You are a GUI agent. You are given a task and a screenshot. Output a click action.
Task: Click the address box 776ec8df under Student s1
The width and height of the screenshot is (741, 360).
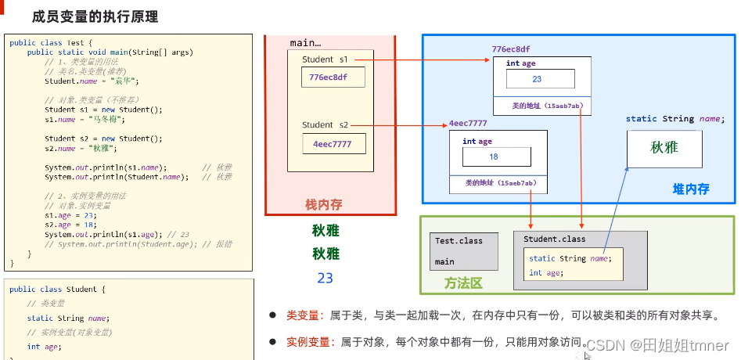[329, 77]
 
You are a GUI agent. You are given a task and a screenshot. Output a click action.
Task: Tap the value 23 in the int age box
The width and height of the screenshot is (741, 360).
[537, 79]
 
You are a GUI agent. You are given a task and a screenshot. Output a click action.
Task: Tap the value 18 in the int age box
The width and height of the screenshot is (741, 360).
[493, 156]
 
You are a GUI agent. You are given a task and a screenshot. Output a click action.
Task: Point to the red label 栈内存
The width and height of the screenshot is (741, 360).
[323, 205]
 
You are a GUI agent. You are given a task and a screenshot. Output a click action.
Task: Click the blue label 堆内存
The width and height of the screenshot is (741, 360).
[691, 189]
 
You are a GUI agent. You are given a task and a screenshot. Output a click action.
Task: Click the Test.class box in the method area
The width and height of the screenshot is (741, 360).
[463, 250]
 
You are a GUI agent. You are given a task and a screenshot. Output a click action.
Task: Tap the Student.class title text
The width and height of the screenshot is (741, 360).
[554, 239]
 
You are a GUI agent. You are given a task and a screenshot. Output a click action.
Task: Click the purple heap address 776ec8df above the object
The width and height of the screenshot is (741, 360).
[510, 49]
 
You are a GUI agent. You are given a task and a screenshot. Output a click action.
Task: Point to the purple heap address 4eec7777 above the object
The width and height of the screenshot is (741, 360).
[468, 124]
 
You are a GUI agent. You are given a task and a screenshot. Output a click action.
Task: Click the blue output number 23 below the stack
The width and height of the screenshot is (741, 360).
[325, 278]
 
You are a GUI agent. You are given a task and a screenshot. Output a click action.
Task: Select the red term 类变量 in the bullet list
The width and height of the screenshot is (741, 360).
[304, 315]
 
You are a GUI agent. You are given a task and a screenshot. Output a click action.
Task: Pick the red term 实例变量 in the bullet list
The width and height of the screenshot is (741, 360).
[308, 342]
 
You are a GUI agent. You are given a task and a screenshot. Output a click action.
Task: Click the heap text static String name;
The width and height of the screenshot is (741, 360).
[674, 119]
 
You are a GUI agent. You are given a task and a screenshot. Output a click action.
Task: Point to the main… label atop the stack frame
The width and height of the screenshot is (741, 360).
[305, 43]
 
